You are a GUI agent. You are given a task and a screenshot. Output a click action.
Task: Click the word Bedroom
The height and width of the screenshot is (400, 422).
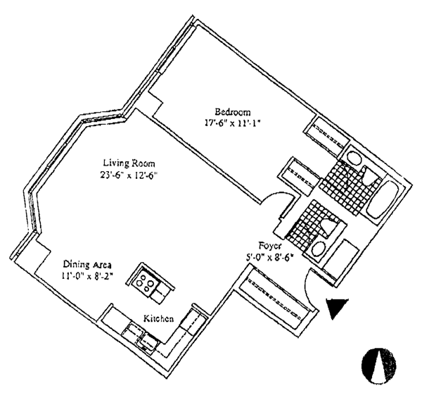click(233, 111)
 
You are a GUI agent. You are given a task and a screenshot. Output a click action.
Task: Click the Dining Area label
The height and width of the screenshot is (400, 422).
click(86, 265)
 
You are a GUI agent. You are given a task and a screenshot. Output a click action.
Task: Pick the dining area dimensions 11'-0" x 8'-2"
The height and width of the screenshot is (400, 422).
click(86, 276)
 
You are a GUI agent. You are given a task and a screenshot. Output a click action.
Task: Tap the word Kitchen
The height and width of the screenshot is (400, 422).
click(159, 319)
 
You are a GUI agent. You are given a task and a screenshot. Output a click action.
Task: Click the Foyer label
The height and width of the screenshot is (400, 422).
click(270, 246)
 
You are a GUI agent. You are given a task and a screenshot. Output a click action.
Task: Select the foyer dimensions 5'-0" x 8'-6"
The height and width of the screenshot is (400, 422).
click(270, 256)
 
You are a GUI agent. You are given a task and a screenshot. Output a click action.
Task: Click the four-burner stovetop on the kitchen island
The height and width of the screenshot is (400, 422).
click(143, 282)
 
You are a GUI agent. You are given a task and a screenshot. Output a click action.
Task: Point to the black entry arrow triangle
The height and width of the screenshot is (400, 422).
click(336, 308)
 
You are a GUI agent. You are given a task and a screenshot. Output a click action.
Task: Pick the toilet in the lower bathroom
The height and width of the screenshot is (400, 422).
click(327, 227)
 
